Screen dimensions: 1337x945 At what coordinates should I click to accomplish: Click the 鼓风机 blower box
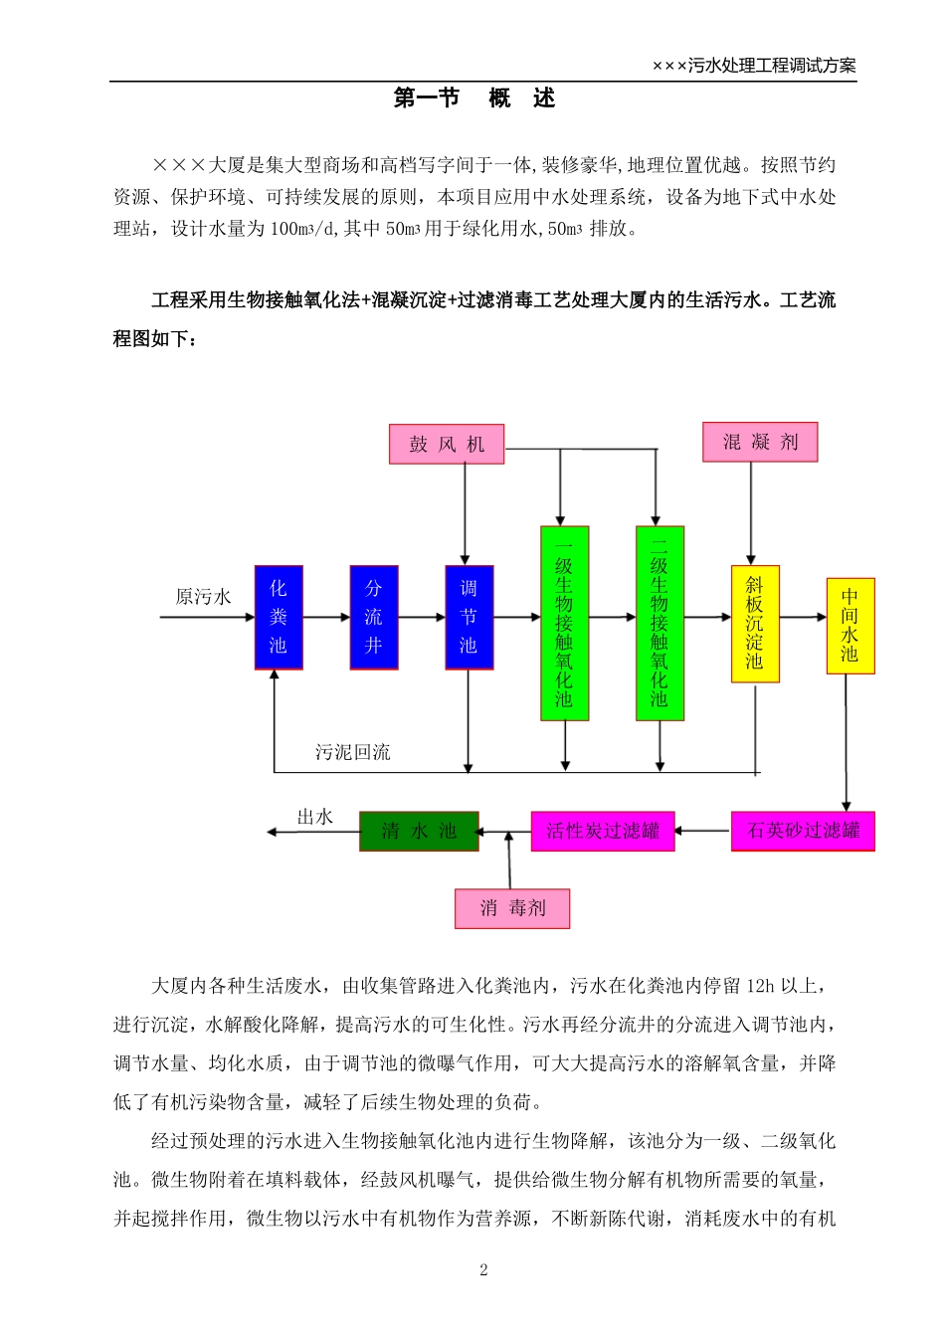(x=447, y=444)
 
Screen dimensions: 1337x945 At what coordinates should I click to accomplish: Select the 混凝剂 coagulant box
(x=760, y=442)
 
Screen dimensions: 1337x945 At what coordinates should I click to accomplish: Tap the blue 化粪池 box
(x=279, y=617)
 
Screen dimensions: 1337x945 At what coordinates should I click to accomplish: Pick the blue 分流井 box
(x=374, y=617)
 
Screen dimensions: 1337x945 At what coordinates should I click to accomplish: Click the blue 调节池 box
(x=469, y=617)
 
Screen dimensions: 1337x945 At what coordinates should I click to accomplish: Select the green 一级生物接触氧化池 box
(x=564, y=623)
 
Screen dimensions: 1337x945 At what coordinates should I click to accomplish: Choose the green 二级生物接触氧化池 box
(x=660, y=623)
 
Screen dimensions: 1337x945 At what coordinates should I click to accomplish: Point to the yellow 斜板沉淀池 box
(x=755, y=624)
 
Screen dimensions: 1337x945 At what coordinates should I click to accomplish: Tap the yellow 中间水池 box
(x=850, y=626)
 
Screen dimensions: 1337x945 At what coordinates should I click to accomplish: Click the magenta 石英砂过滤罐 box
(x=803, y=831)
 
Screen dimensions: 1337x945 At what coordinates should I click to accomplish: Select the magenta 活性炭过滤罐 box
(x=603, y=831)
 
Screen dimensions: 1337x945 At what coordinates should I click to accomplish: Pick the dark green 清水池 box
(x=419, y=831)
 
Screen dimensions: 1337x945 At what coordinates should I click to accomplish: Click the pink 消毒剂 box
(x=512, y=908)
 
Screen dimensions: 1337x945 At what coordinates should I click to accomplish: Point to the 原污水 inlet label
(x=203, y=597)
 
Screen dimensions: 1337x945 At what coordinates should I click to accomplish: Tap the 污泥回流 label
(x=353, y=752)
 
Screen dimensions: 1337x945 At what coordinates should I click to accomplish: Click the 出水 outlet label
(x=314, y=817)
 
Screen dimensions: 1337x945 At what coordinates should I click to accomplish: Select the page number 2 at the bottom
(x=483, y=1269)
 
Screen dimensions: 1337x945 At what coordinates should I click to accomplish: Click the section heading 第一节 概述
(x=473, y=97)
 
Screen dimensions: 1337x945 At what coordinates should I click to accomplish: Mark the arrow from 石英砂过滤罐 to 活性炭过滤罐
(x=703, y=831)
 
